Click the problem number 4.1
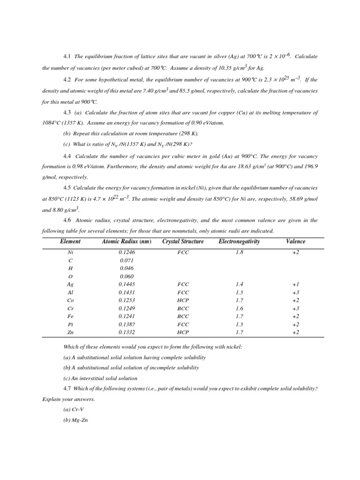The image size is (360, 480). click(67, 57)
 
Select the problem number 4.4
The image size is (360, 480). click(67, 156)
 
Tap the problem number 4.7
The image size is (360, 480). click(67, 389)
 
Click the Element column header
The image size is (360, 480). click(70, 242)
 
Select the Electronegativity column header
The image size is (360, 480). click(239, 242)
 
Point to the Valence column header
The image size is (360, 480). click(295, 242)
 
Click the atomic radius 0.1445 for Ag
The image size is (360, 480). click(127, 285)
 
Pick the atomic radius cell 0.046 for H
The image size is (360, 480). click(127, 268)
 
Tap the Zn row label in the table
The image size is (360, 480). click(70, 332)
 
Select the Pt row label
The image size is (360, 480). click(70, 324)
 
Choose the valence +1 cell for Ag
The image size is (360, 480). click(295, 285)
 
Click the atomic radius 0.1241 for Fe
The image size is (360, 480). click(127, 316)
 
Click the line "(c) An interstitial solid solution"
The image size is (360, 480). click(100, 378)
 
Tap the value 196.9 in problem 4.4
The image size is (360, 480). click(310, 167)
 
